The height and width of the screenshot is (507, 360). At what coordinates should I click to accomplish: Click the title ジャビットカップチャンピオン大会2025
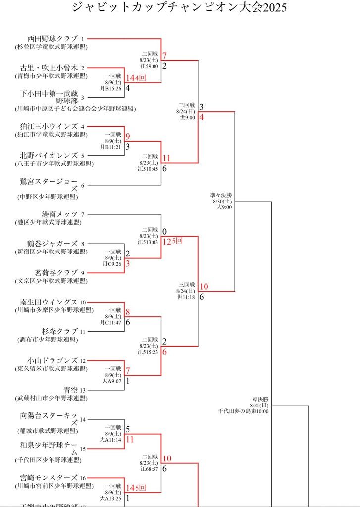pyautogui.click(x=179, y=8)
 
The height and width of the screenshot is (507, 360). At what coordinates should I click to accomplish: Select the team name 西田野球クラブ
pyautogui.click(x=52, y=38)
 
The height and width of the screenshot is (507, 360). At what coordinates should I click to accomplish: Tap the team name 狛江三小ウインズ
pyautogui.click(x=49, y=126)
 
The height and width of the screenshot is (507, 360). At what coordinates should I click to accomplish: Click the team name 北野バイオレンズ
pyautogui.click(x=49, y=155)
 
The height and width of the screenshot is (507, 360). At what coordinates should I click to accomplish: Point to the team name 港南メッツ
pyautogui.click(x=59, y=214)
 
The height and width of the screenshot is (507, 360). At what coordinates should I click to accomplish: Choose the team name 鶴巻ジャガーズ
pyautogui.click(x=52, y=244)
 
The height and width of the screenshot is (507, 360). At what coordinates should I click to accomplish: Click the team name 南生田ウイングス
pyautogui.click(x=49, y=302)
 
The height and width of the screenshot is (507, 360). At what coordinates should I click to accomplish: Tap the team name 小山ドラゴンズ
pyautogui.click(x=52, y=360)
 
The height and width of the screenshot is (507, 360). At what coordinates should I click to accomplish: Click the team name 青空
pyautogui.click(x=70, y=390)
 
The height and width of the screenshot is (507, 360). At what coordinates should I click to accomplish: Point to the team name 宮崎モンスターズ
pyautogui.click(x=49, y=478)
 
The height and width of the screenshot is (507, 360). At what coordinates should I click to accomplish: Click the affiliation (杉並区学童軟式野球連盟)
pyautogui.click(x=51, y=47)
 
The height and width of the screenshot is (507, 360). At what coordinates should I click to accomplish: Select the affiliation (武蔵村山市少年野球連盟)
pyautogui.click(x=51, y=398)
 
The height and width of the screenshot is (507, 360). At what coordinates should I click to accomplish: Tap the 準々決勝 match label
pyautogui.click(x=221, y=195)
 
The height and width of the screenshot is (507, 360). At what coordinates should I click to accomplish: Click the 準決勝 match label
pyautogui.click(x=260, y=398)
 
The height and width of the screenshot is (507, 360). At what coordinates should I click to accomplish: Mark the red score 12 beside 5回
pyautogui.click(x=167, y=241)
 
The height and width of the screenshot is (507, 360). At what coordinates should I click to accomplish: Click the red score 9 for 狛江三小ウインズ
pyautogui.click(x=127, y=137)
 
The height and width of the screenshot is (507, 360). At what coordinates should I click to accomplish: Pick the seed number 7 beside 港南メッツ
pyautogui.click(x=83, y=215)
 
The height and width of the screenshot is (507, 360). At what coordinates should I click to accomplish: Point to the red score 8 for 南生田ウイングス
pyautogui.click(x=127, y=312)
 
